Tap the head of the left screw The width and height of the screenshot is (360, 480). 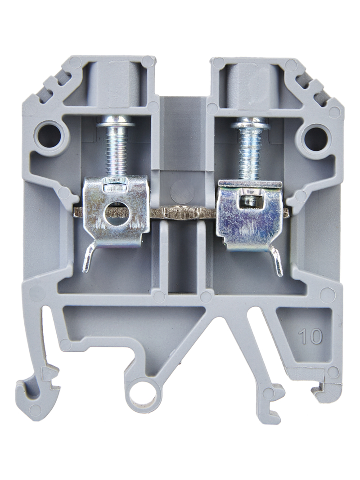click(116, 124)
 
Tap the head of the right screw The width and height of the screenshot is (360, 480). click(250, 125)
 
